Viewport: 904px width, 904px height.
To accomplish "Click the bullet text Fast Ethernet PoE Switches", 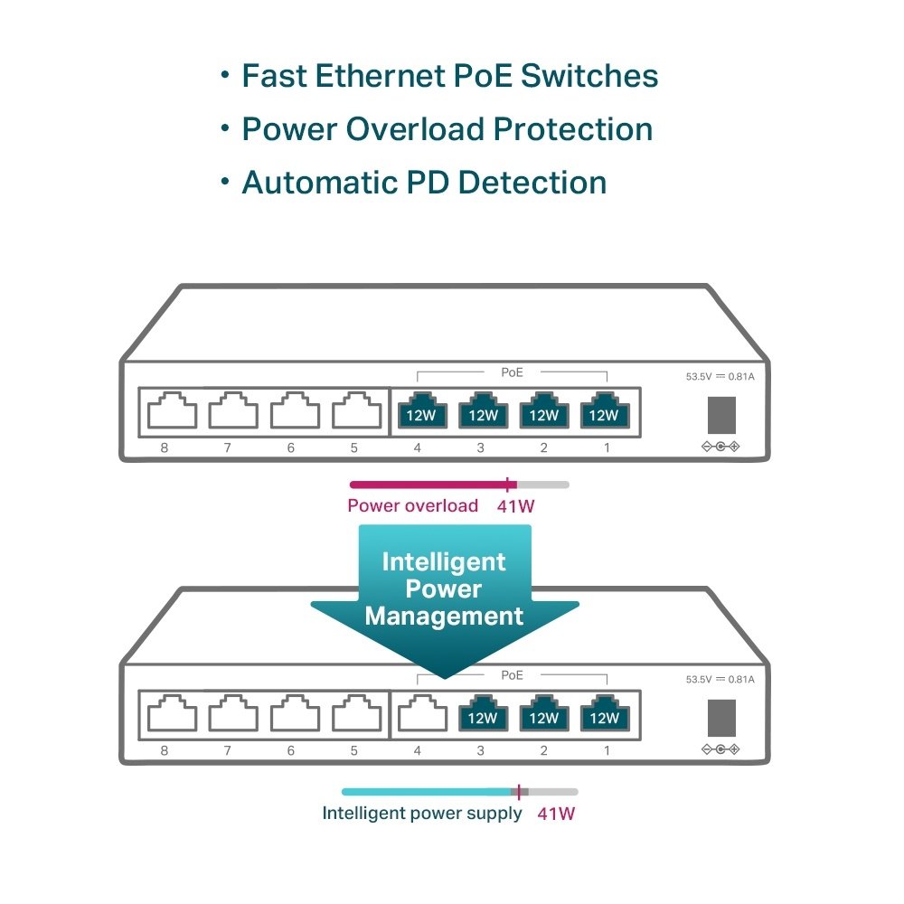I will [449, 77].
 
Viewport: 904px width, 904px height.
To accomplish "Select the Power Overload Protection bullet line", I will [447, 129].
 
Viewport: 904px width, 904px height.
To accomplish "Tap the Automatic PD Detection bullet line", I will [423, 183].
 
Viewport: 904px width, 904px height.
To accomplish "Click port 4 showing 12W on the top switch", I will [422, 411].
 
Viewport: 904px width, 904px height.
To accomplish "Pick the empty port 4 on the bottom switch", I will [422, 713].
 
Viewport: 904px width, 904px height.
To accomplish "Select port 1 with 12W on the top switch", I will [604, 411].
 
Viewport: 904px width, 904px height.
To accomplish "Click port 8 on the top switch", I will [172, 411].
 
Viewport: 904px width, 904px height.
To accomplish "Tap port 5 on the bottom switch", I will [356, 713].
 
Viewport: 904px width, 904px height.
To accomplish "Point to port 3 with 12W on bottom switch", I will [484, 714].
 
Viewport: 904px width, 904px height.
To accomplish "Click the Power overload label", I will [412, 506].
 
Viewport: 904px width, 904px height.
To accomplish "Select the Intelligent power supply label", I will [422, 814].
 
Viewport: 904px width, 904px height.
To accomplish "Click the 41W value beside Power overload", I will [516, 506].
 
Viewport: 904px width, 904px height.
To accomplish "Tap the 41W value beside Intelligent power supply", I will [556, 814].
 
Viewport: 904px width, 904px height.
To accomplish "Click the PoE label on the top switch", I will [512, 372].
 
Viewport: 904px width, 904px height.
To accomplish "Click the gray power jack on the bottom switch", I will [720, 718].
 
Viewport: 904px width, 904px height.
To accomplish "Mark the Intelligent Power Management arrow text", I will [443, 589].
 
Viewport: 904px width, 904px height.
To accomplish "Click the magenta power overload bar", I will [429, 485].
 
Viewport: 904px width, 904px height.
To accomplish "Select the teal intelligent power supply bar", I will [425, 791].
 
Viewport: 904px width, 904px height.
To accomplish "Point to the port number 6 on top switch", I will [291, 448].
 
